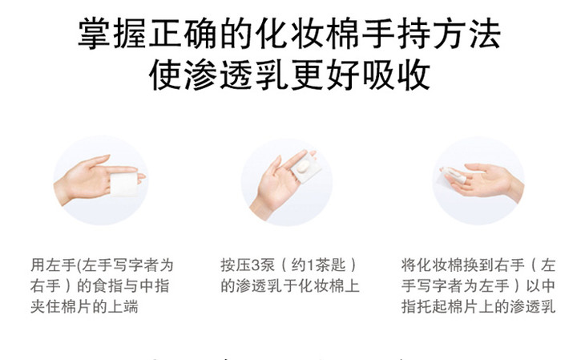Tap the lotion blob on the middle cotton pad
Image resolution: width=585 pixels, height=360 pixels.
pos(303,165)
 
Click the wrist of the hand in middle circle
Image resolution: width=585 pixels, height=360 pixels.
pos(261,209)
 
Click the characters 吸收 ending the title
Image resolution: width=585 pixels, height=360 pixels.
pos(396,75)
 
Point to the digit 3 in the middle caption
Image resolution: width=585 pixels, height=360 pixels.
pos(256,265)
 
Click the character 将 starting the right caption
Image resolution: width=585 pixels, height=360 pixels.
pos(409,265)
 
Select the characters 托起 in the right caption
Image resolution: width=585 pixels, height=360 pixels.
pos(432,307)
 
